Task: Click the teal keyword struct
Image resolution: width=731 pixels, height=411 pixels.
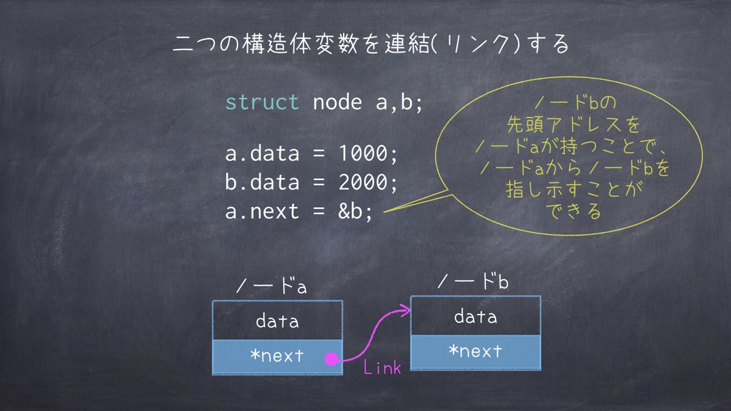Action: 262,102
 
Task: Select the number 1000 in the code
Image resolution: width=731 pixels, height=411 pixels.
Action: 363,153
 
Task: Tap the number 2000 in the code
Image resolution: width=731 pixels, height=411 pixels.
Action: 363,182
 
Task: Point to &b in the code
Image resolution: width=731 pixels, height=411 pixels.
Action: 351,212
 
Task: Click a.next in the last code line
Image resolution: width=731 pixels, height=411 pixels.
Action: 262,212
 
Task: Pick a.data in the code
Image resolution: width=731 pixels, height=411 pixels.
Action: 262,153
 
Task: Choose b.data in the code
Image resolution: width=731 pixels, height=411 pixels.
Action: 262,182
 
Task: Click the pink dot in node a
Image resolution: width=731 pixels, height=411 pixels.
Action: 331,359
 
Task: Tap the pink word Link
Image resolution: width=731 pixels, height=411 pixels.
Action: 382,368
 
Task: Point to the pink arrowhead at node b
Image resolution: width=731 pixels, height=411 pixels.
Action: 406,309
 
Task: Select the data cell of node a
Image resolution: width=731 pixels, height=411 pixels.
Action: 277,320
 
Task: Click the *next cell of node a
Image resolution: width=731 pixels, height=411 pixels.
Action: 277,357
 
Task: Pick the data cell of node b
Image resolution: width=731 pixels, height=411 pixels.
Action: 476,316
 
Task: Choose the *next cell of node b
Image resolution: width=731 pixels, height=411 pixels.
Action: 476,352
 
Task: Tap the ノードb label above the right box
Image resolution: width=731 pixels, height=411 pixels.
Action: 473,282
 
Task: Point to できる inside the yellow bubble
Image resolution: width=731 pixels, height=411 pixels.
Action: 573,211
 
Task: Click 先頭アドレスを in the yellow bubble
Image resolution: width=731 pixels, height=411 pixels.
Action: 573,124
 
